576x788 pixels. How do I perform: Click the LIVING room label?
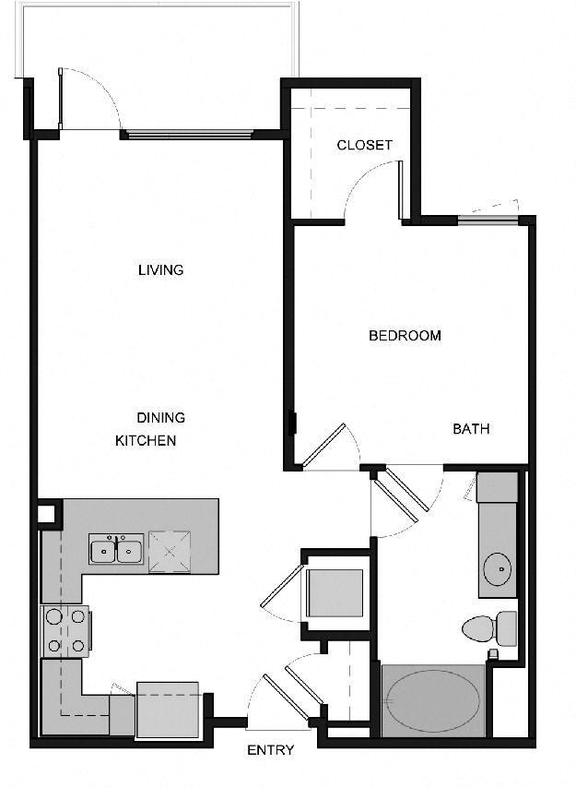point(161,269)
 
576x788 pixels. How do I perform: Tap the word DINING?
point(161,418)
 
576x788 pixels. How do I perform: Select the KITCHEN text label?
point(146,441)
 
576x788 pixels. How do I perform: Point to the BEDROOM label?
point(405,335)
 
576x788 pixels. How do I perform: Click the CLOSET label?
point(364,145)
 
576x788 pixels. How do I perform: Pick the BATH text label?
point(471,429)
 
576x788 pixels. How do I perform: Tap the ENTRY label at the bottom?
point(270,750)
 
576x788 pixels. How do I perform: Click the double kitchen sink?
point(116,549)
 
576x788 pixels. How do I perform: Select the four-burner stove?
point(65,631)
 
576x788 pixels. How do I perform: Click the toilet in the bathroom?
point(489,628)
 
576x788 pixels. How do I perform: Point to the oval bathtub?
point(433,700)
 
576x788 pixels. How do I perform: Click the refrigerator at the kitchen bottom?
point(168,710)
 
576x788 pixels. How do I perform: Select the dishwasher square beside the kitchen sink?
point(170,551)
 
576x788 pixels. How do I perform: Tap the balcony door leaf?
point(60,99)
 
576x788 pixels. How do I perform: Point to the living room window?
point(189,134)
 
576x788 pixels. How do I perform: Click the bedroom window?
point(488,219)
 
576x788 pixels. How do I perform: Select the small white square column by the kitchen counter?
point(46,514)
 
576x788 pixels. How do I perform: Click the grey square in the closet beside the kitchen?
point(335,593)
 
